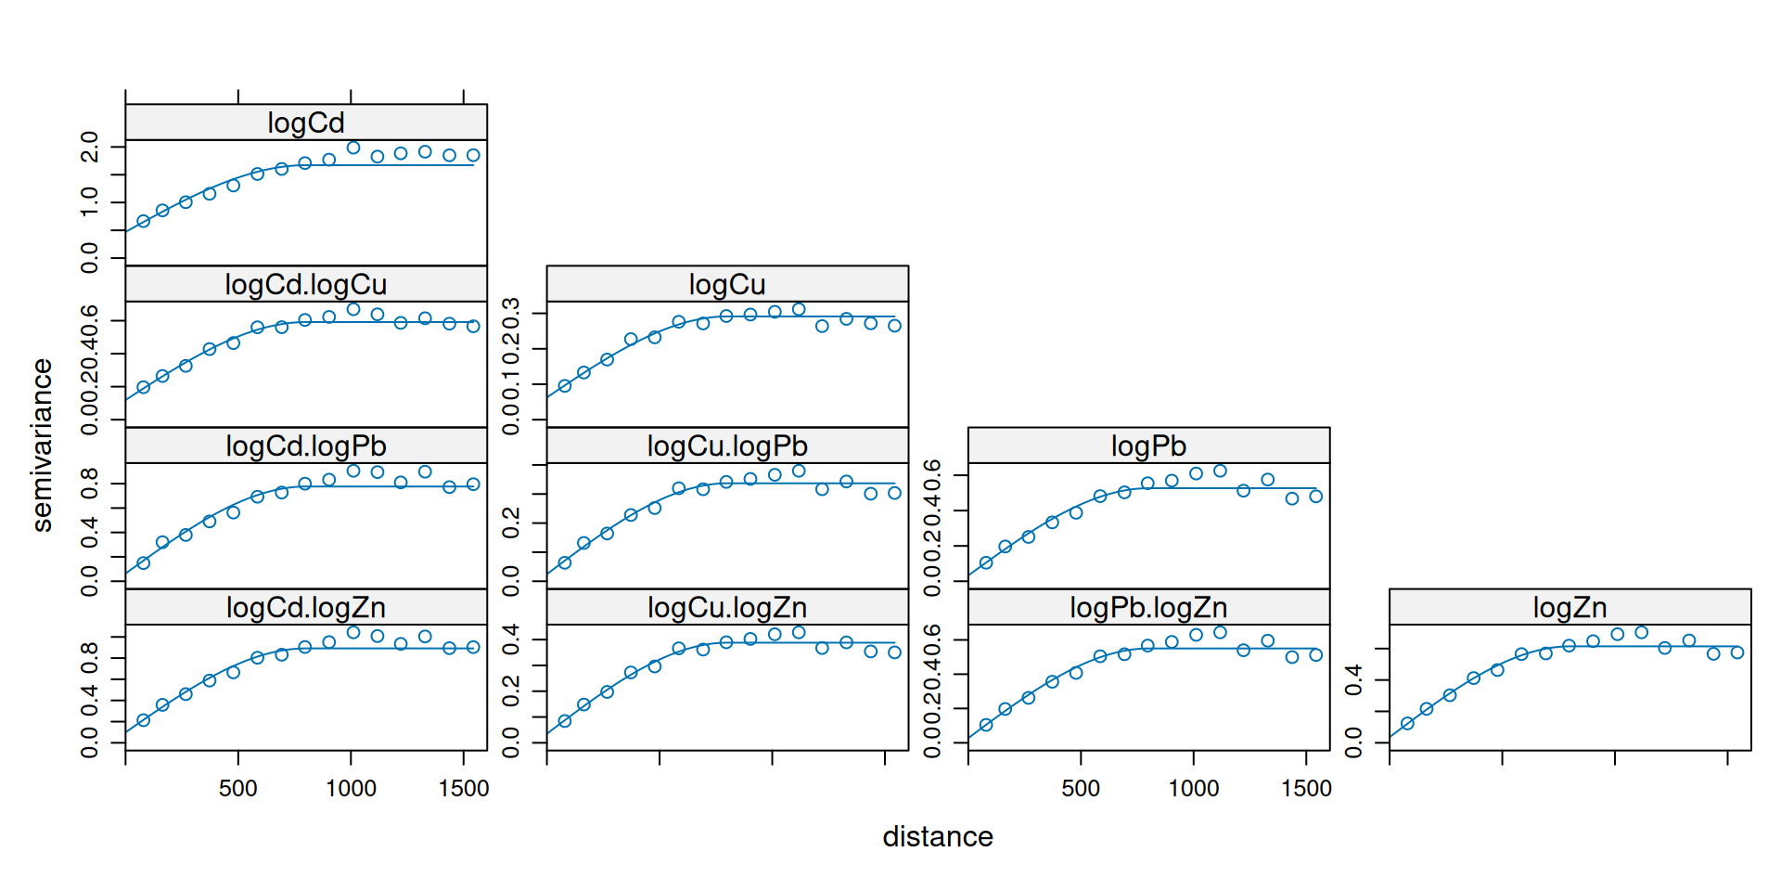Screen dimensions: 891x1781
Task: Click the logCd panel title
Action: point(306,123)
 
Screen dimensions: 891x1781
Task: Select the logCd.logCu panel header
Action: point(306,284)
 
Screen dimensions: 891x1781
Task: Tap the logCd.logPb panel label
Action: point(306,445)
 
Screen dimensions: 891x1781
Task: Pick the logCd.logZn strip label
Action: point(306,607)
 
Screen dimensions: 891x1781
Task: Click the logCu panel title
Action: point(727,284)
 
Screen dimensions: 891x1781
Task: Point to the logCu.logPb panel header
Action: point(727,445)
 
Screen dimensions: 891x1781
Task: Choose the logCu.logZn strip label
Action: point(727,607)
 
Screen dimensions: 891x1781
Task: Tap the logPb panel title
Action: point(1148,445)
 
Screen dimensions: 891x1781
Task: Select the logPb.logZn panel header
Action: point(1148,607)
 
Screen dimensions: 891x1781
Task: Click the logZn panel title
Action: point(1570,607)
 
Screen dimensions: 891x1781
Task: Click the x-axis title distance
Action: point(938,836)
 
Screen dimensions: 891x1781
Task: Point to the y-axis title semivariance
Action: point(43,445)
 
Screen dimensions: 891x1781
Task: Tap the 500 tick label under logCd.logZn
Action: point(238,788)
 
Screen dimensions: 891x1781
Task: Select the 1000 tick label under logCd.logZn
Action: point(351,788)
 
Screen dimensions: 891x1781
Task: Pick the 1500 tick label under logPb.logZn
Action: point(1306,788)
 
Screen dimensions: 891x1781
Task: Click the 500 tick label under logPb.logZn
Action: point(1081,788)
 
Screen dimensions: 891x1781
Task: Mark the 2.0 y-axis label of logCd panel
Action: point(90,147)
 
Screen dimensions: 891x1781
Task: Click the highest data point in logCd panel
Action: point(353,148)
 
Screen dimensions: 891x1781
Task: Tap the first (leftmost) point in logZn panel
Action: point(1407,723)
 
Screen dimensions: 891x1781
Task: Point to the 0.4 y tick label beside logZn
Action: point(1353,679)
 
